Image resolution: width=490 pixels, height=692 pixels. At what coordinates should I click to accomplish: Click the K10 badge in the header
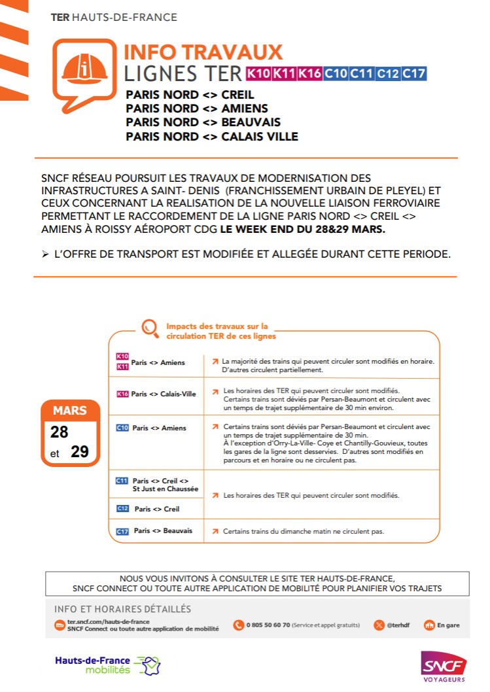pyautogui.click(x=258, y=73)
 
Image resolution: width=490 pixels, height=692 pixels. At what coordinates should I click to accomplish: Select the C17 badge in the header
pyautogui.click(x=413, y=73)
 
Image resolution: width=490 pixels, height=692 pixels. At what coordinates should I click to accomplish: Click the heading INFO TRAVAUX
pyautogui.click(x=203, y=52)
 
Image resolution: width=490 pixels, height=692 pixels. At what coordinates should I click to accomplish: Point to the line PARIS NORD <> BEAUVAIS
pyautogui.click(x=203, y=122)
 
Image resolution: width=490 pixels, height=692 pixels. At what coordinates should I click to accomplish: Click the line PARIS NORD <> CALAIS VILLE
pyautogui.click(x=211, y=137)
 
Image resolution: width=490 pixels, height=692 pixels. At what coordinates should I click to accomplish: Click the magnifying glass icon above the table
pyautogui.click(x=150, y=326)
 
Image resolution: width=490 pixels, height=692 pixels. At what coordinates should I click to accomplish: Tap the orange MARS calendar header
pyautogui.click(x=69, y=411)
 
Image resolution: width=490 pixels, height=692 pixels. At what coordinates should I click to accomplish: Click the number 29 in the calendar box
pyautogui.click(x=80, y=451)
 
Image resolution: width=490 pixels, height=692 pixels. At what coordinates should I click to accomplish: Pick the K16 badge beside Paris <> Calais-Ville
pyautogui.click(x=122, y=394)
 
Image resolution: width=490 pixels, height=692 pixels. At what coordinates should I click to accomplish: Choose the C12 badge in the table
pyautogui.click(x=122, y=509)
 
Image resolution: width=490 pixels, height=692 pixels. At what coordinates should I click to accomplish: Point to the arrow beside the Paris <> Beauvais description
pyautogui.click(x=214, y=532)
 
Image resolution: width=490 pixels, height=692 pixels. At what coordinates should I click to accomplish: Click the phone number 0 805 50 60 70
pyautogui.click(x=268, y=625)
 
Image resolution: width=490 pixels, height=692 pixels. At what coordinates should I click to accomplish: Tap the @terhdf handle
pyautogui.click(x=397, y=625)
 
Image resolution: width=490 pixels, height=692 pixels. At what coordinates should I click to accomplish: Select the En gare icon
pyautogui.click(x=429, y=625)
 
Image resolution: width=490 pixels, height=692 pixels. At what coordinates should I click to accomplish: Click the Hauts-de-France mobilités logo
pyautogui.click(x=108, y=665)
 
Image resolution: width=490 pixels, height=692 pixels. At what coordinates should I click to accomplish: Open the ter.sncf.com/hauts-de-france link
pyautogui.click(x=108, y=621)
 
